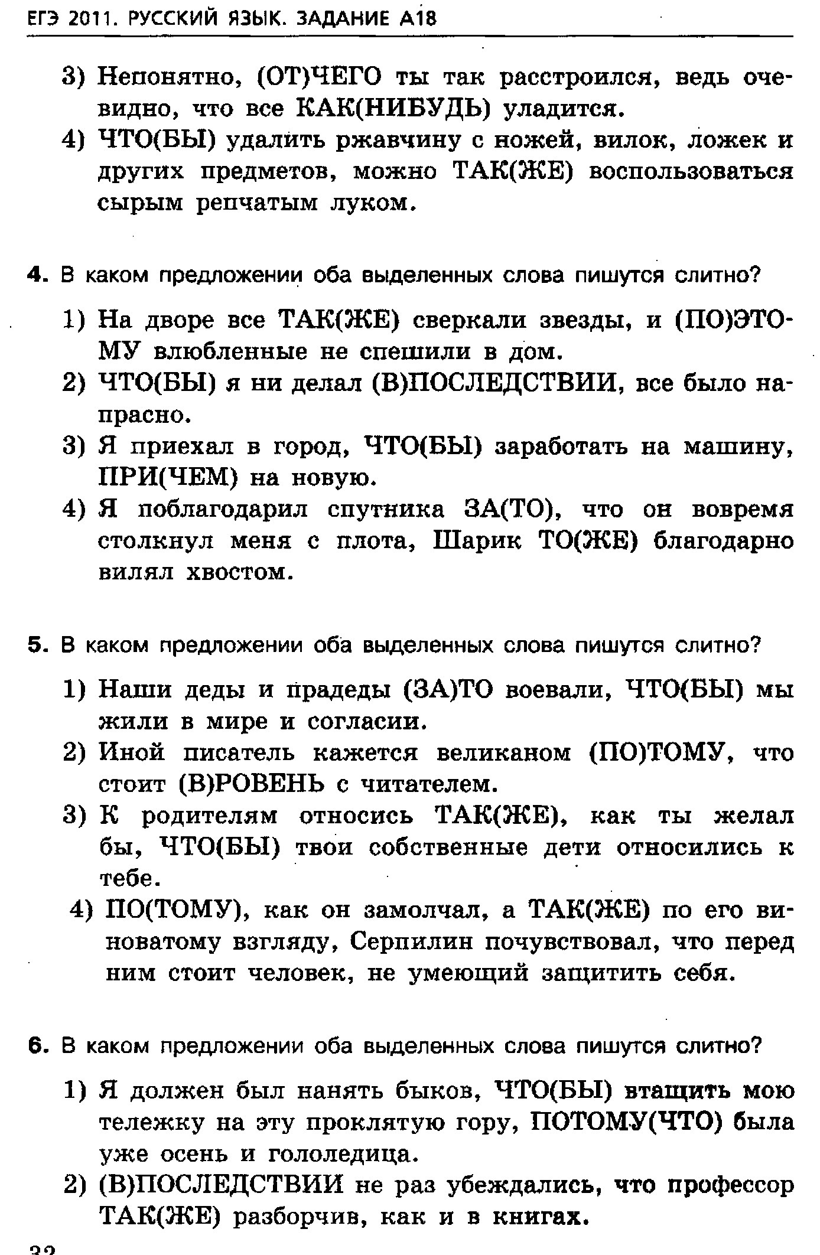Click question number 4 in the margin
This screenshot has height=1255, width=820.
[x=36, y=276]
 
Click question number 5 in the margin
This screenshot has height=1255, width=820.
[x=36, y=646]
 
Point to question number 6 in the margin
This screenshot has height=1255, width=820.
[x=36, y=1046]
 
